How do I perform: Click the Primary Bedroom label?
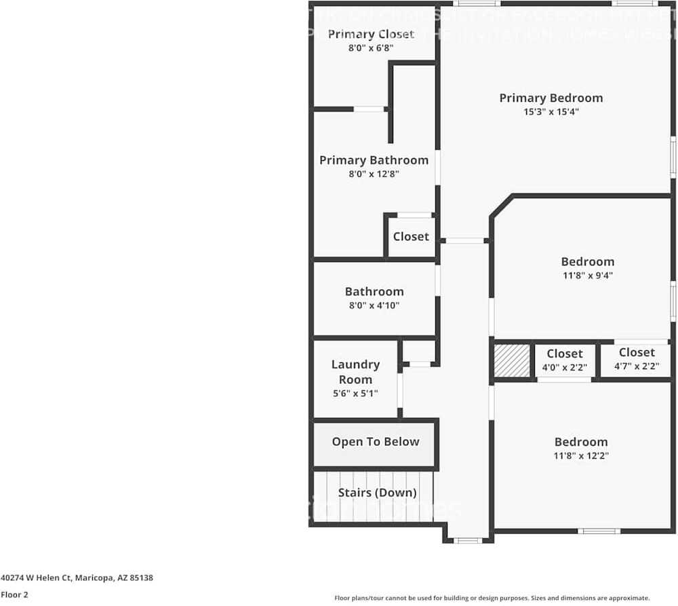(551, 98)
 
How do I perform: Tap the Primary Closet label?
(371, 34)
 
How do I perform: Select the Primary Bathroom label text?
(374, 160)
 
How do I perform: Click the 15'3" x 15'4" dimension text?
(551, 112)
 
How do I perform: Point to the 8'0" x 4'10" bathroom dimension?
(374, 305)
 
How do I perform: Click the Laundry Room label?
(355, 372)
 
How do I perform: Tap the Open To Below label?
(375, 442)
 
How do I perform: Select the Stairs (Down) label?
(377, 493)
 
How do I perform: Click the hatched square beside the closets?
(512, 360)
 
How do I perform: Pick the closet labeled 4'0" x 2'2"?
(565, 360)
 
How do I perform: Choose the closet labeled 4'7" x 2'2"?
(636, 359)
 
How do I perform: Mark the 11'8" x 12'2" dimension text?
(581, 456)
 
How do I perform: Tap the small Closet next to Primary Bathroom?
(411, 237)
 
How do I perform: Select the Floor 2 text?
(14, 594)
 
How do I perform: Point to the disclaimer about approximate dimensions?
(492, 598)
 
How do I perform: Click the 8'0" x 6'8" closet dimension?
(371, 48)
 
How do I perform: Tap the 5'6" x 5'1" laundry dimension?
(355, 393)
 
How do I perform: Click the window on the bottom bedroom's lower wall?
(599, 531)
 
